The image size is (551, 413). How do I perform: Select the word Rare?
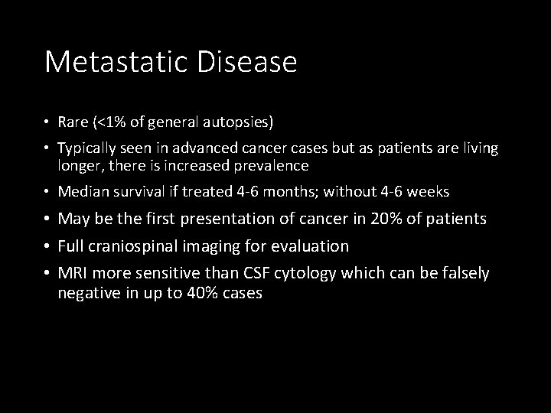(x=73, y=123)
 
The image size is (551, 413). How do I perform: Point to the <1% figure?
(x=112, y=123)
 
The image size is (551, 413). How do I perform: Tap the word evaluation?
(x=309, y=246)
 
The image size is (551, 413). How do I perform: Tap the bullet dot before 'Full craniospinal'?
(x=47, y=246)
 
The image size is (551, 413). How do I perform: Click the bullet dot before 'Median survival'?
(x=47, y=191)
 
